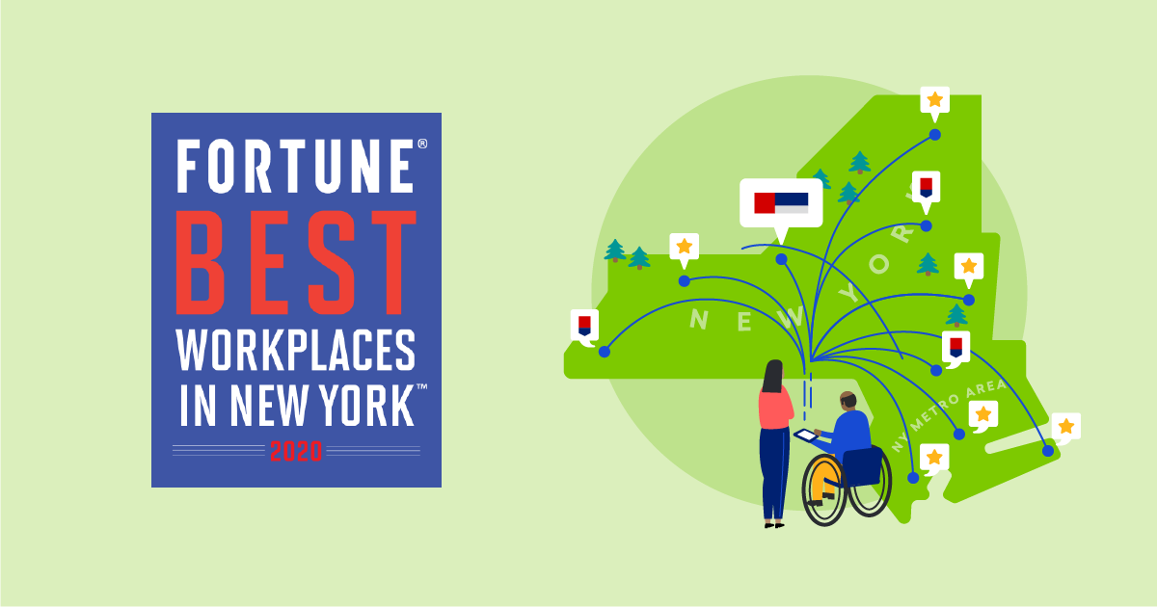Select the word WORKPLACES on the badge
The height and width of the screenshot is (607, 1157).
tap(296, 352)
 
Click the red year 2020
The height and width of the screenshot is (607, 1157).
tap(296, 450)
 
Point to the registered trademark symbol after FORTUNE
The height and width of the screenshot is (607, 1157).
tap(421, 144)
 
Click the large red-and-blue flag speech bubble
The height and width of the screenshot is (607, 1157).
tap(781, 203)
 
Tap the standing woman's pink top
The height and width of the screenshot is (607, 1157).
tap(774, 409)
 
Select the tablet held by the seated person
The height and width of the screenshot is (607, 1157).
tap(806, 435)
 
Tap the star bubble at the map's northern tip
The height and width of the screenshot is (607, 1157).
tap(934, 99)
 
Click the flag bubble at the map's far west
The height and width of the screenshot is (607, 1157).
tap(583, 324)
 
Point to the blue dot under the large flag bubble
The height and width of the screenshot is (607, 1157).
tap(781, 259)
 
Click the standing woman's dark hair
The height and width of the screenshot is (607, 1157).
tap(773, 377)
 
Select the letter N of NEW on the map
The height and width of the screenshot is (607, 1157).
tap(700, 318)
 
